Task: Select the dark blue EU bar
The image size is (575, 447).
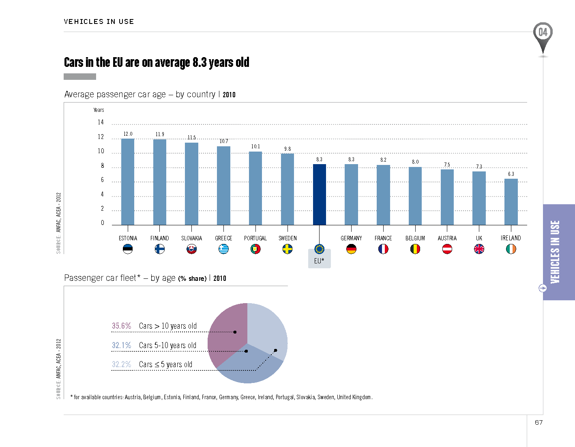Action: click(320, 195)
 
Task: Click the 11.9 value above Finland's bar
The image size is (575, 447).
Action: click(160, 134)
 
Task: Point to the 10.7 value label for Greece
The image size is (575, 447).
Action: click(224, 141)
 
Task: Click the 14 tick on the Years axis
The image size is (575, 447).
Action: click(101, 122)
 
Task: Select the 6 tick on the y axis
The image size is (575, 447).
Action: click(102, 180)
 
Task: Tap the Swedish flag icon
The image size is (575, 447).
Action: click(287, 249)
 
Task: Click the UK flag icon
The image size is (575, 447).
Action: click(479, 249)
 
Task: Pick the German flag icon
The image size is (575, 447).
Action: click(351, 249)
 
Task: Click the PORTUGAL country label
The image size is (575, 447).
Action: click(255, 238)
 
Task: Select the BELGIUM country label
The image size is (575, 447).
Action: click(415, 238)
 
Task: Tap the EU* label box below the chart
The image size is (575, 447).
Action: click(319, 261)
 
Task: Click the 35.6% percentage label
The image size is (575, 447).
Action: click(121, 326)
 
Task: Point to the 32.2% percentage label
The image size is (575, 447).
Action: click(121, 364)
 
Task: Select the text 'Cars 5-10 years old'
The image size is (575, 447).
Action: click(167, 345)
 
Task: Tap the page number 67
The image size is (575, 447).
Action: click(539, 422)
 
